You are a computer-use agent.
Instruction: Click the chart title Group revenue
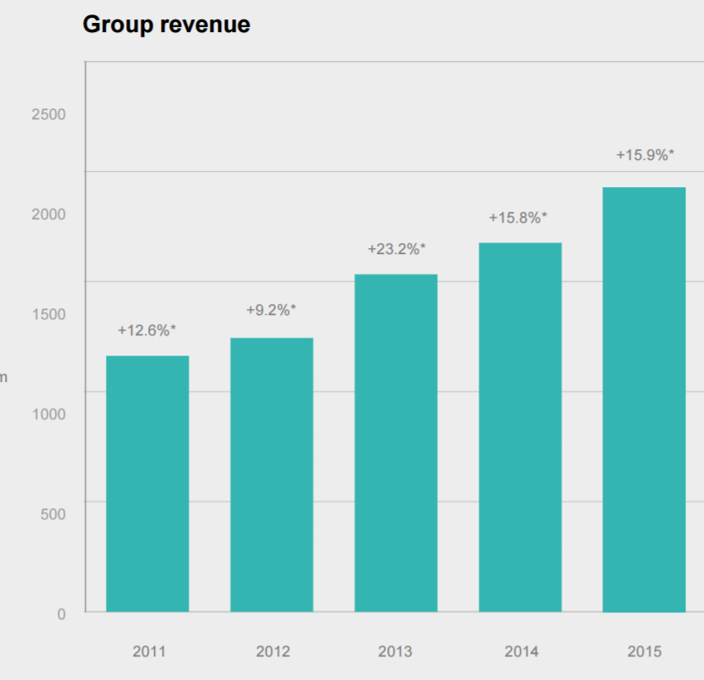166,25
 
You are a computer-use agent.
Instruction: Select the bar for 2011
147,484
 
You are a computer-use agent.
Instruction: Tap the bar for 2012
272,474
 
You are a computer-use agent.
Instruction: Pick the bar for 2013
396,443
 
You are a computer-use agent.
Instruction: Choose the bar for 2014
520,427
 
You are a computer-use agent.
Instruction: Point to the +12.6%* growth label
147,330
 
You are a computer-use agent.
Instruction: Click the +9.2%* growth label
271,310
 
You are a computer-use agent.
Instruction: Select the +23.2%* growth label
396,249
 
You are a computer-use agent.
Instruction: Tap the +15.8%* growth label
518,218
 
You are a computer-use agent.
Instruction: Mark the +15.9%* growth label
645,155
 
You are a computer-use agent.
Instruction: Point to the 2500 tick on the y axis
48,114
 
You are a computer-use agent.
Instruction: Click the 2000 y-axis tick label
48,214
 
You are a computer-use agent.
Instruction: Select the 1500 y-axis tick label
48,314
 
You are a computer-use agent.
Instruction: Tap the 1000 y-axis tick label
48,414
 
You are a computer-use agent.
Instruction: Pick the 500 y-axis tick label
53,514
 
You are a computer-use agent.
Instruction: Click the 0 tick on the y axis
61,614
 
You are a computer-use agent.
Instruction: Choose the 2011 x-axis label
149,652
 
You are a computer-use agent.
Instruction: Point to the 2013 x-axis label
396,652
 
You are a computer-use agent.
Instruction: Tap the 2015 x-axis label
645,652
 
